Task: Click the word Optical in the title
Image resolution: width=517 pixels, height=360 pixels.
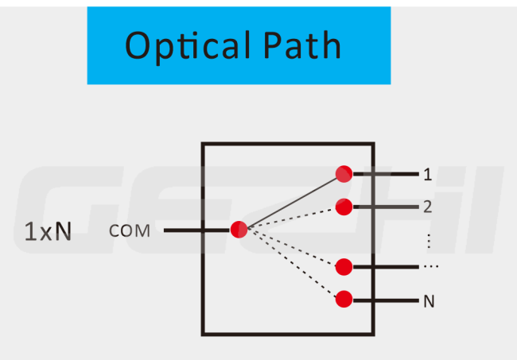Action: click(x=187, y=46)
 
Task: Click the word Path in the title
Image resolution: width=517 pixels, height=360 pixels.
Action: click(x=302, y=45)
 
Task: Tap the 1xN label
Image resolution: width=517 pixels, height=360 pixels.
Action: click(x=48, y=231)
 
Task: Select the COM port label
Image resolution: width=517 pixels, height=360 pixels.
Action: click(x=129, y=230)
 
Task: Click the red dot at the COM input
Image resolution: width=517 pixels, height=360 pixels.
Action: click(x=239, y=230)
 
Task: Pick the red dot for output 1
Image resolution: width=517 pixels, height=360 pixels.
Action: click(x=344, y=174)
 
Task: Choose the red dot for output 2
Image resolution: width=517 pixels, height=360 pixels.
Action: click(x=344, y=207)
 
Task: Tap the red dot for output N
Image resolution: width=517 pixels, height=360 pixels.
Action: click(x=344, y=299)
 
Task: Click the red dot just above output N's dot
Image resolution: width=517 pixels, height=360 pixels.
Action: click(x=344, y=267)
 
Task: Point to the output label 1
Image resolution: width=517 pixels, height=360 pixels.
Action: click(x=428, y=174)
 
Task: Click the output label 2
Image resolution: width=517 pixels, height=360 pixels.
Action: click(x=428, y=207)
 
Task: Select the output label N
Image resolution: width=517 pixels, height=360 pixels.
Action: click(x=429, y=301)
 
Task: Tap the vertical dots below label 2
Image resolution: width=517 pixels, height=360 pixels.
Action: click(x=429, y=241)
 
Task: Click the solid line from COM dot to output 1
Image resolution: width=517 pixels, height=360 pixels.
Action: click(x=292, y=202)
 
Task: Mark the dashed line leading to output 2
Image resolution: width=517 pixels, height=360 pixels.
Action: click(x=292, y=218)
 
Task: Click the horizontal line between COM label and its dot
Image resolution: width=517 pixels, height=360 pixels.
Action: click(x=196, y=230)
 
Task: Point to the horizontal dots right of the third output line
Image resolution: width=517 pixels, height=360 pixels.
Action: click(x=430, y=266)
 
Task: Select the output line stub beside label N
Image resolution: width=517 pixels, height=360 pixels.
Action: click(x=386, y=300)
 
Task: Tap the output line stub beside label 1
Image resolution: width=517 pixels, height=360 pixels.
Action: click(x=386, y=174)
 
